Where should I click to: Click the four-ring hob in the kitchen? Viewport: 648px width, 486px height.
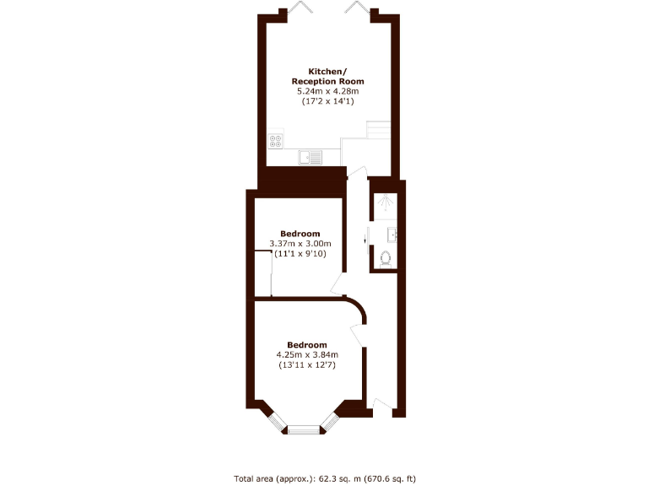[x=276, y=141]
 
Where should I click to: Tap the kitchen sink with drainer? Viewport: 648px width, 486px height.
[x=310, y=156]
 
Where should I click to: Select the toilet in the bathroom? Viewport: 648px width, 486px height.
[x=386, y=259]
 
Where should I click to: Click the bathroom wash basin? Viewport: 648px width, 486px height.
[x=393, y=233]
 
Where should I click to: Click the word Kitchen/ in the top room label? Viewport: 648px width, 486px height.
[x=324, y=71]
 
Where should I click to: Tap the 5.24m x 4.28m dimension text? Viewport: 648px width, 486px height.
[x=324, y=90]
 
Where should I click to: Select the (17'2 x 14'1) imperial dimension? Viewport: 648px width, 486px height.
[x=324, y=100]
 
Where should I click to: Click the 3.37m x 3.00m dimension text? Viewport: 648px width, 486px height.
[x=300, y=244]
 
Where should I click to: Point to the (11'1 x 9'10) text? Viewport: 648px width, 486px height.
[x=300, y=254]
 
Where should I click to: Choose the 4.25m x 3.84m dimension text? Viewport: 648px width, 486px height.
[x=306, y=354]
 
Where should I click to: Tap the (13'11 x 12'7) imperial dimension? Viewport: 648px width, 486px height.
[x=306, y=364]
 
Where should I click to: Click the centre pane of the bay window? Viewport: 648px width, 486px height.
[x=305, y=430]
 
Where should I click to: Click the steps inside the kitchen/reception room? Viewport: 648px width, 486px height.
[x=378, y=131]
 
